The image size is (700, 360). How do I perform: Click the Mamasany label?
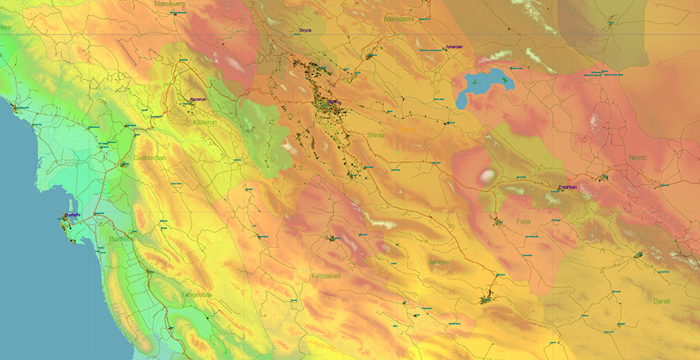[169, 4]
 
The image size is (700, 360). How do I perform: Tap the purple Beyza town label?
[305, 31]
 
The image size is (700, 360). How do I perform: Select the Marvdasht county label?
[400, 19]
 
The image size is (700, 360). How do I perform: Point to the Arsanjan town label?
[454, 47]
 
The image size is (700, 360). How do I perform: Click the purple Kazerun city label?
[199, 99]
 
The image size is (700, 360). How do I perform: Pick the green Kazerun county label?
[208, 122]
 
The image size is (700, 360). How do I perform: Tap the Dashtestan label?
[150, 158]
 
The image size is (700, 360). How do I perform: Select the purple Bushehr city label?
[73, 215]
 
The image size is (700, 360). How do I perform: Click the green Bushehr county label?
[121, 239]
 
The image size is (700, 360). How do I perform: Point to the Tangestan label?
[196, 295]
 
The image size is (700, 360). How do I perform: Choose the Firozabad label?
[326, 276]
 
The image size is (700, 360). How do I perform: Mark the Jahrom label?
[439, 262]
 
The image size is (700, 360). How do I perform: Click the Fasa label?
[523, 221]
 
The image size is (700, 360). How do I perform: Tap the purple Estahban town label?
[568, 187]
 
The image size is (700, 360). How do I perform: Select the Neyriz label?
[638, 158]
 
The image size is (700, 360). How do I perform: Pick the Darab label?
[661, 301]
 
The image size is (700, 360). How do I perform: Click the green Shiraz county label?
[376, 134]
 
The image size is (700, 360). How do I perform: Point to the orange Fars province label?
[407, 130]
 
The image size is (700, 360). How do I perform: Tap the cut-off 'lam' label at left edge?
[6, 27]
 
